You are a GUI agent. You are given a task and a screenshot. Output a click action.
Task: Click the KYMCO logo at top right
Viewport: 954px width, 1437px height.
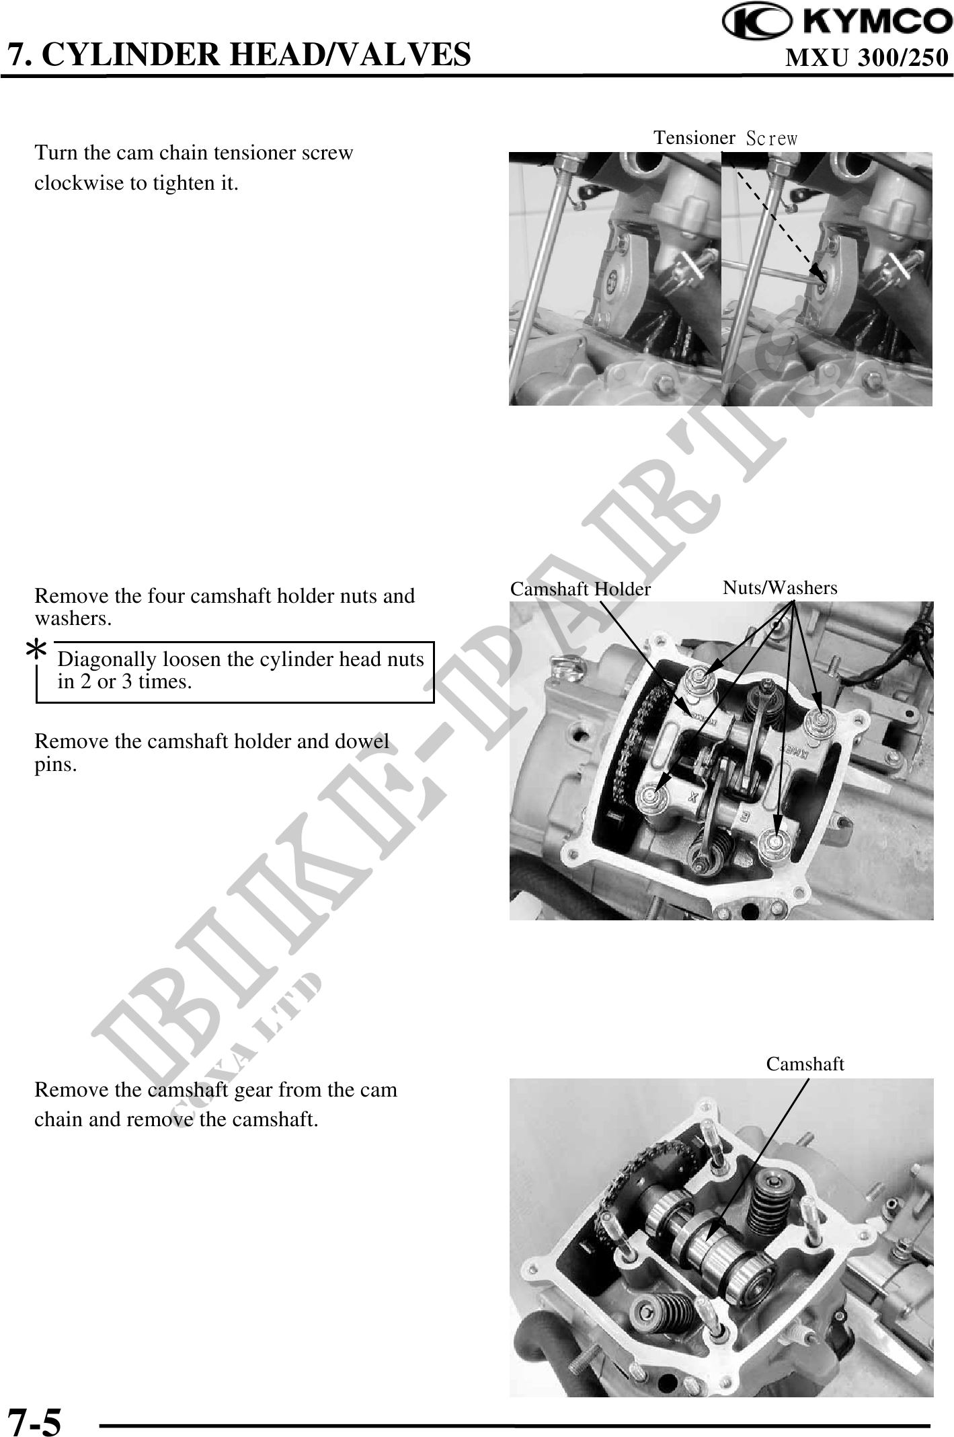pyautogui.click(x=837, y=23)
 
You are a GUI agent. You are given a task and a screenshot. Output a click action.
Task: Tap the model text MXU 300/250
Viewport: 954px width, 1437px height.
pyautogui.click(x=867, y=59)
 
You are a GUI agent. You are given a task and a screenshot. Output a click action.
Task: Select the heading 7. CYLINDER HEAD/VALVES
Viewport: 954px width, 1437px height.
pyautogui.click(x=239, y=54)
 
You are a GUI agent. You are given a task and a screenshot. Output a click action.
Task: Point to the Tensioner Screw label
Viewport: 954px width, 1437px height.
pyautogui.click(x=725, y=138)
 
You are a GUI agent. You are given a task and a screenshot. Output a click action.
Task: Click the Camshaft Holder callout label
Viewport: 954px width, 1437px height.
pyautogui.click(x=580, y=589)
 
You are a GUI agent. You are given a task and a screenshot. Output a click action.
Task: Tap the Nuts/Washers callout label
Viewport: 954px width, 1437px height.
pyautogui.click(x=780, y=588)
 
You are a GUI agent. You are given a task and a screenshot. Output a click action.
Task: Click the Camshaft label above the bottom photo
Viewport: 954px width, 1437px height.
pyautogui.click(x=805, y=1064)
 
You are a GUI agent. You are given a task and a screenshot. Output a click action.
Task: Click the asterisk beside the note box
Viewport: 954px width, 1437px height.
pyautogui.click(x=36, y=651)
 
